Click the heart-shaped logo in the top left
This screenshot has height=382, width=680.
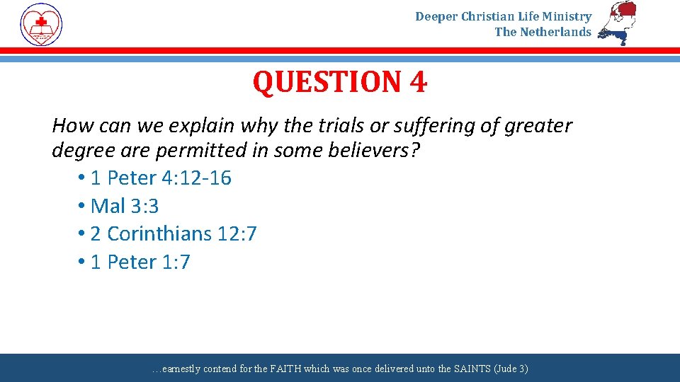[x=41, y=24]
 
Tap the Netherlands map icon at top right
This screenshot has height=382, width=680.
[x=617, y=23]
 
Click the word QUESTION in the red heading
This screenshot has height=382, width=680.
[x=327, y=83]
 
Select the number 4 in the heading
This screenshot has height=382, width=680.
[x=418, y=83]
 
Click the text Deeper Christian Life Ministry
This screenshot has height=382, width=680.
[x=503, y=16]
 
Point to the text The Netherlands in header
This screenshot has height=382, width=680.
[x=543, y=32]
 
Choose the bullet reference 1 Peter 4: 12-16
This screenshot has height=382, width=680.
[x=160, y=178]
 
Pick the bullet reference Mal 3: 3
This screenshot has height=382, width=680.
[x=125, y=206]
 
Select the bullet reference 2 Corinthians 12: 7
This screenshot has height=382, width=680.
[x=173, y=233]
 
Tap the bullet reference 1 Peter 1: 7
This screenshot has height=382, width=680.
[x=140, y=262]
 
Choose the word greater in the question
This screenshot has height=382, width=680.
[x=538, y=126]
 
